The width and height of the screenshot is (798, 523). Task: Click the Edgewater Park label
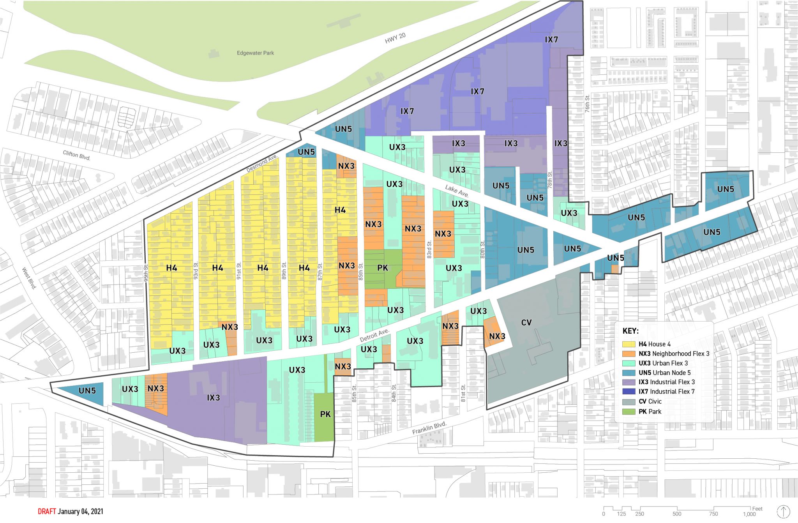point(255,53)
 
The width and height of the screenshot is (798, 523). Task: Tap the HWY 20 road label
point(395,38)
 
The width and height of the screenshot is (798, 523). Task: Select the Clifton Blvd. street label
point(77,155)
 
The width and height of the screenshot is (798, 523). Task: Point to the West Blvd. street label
point(29,278)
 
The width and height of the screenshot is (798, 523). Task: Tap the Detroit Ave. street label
point(374,335)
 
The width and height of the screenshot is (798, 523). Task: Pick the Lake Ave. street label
point(457,191)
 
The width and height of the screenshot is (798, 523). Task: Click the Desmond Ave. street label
point(262,163)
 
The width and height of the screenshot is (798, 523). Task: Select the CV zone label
point(526,322)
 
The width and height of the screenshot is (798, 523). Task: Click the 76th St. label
point(587,104)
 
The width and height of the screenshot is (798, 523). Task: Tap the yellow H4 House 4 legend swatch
point(629,344)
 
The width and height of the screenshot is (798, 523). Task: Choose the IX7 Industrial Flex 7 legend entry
point(666,392)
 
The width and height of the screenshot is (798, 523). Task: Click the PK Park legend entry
point(650,412)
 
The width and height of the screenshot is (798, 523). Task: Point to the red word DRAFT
point(47,511)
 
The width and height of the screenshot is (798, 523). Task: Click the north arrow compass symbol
point(783,512)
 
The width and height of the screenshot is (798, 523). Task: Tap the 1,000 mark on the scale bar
point(749,514)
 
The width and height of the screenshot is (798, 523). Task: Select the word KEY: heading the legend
point(630,331)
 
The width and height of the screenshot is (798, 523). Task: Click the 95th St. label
point(146,273)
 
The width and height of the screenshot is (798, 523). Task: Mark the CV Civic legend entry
point(650,401)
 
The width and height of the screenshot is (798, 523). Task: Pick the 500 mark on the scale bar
point(677,514)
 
